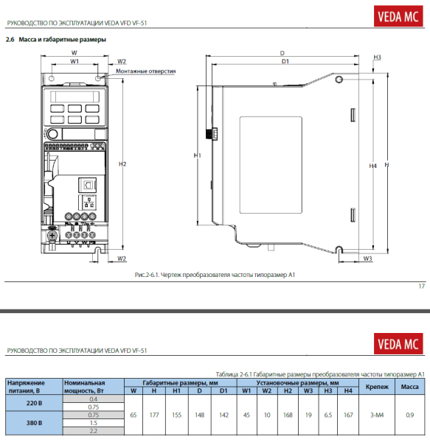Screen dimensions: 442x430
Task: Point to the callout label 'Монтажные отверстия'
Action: (150, 71)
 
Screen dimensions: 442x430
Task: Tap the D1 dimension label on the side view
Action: (285, 61)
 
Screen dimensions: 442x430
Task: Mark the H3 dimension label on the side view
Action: (377, 57)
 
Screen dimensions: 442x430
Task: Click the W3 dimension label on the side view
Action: (367, 259)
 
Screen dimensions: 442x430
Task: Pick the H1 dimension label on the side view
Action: (197, 156)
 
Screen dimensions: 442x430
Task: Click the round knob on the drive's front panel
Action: (53, 133)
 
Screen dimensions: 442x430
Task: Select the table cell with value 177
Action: (154, 415)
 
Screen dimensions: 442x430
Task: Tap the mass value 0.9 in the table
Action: (409, 415)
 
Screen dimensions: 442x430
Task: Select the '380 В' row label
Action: (32, 424)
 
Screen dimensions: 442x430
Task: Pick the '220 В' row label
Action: (32, 403)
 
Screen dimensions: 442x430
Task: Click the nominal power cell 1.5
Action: (93, 424)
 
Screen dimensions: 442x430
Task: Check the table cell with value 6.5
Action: (327, 415)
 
